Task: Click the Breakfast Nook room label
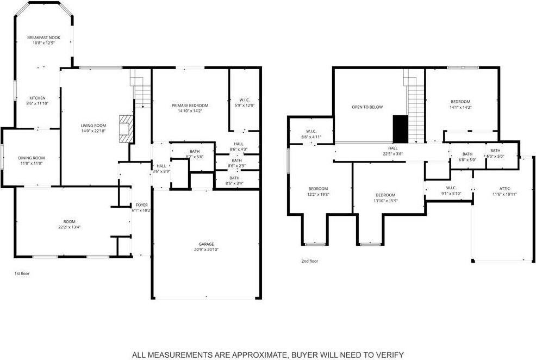(43, 38)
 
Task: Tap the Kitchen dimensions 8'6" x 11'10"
(38, 103)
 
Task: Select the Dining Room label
(32, 158)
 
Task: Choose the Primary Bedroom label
(190, 105)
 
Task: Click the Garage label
(206, 244)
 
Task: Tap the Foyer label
(141, 205)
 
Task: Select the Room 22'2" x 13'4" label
(69, 221)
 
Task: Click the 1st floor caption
(22, 274)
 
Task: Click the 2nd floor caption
(310, 261)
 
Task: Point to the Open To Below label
(367, 107)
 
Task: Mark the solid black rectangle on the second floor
(400, 128)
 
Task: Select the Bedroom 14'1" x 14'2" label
(460, 102)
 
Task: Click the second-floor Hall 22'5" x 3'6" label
(392, 147)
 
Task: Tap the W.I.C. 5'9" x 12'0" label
(244, 100)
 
